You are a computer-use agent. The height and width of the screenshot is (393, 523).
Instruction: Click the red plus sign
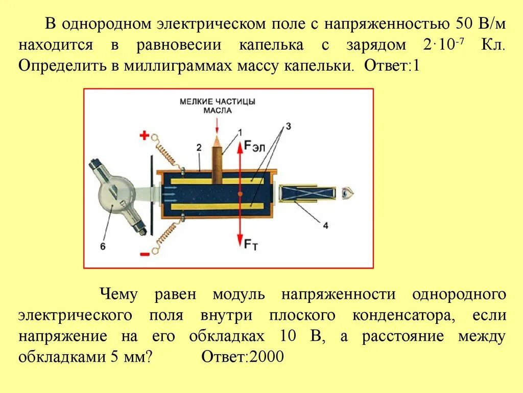145,136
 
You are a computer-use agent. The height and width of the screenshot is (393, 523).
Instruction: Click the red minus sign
145,253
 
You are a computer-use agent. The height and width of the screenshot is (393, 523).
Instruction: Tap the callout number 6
102,246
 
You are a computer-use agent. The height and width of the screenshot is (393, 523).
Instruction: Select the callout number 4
325,225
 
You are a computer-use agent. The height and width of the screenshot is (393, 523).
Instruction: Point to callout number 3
288,126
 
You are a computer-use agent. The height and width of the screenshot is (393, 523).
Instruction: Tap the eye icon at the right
348,193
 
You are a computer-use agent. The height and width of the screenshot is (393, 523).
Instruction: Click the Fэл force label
254,146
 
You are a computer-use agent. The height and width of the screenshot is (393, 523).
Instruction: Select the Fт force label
251,245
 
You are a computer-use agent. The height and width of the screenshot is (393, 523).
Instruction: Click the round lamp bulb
116,194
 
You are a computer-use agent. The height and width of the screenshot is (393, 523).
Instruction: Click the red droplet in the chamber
239,194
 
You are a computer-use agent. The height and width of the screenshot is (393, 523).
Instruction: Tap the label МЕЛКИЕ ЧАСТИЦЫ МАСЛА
218,105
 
